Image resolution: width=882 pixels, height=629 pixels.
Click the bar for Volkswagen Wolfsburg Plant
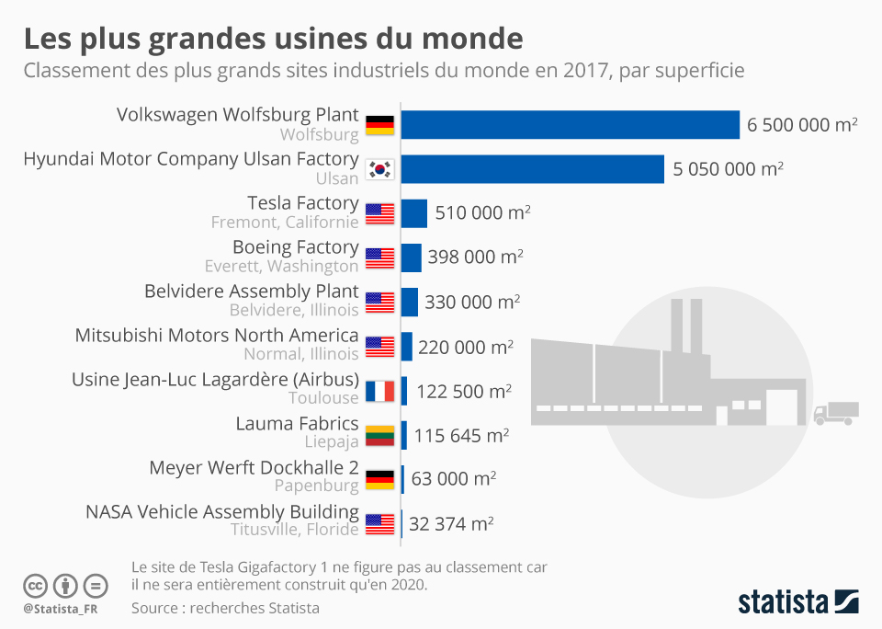coord(570,125)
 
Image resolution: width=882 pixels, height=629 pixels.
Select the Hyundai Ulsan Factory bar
coord(532,169)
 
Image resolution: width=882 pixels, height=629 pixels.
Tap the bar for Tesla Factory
coord(413,213)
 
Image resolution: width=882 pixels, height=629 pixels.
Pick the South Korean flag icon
coord(379,169)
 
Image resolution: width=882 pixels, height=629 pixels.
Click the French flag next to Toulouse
coord(379,391)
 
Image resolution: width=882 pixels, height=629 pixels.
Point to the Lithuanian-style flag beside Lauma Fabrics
coord(379,435)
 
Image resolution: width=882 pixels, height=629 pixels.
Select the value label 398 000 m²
coord(475,257)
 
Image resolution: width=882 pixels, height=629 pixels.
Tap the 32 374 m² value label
coord(451,523)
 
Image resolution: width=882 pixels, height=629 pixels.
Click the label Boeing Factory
coord(295,247)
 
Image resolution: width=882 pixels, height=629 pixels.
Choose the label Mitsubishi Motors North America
coord(217,336)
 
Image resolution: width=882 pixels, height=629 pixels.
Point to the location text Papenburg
coord(316,486)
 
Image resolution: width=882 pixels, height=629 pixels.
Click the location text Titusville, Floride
coord(294,530)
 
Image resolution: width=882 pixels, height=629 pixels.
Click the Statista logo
coord(798,602)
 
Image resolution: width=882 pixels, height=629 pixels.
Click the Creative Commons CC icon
coord(36,585)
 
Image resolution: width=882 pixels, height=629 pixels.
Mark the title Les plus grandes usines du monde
coord(273,39)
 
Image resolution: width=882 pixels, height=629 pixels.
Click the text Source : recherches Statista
coord(225,608)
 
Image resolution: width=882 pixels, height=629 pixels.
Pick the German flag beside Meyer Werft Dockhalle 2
coord(379,479)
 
